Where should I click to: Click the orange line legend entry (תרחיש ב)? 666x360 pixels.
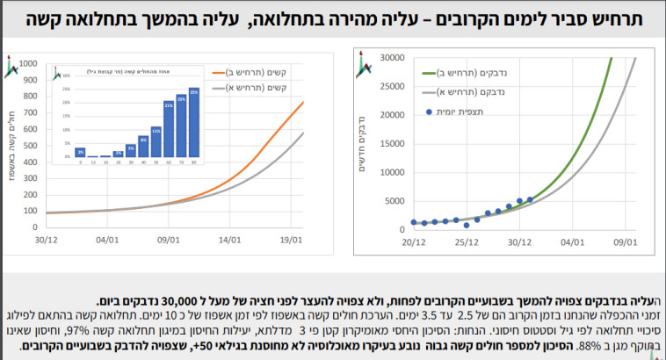(x=263, y=74)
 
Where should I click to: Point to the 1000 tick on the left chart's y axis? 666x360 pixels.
(x=28, y=64)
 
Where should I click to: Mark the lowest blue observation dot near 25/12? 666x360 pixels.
(x=467, y=225)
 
